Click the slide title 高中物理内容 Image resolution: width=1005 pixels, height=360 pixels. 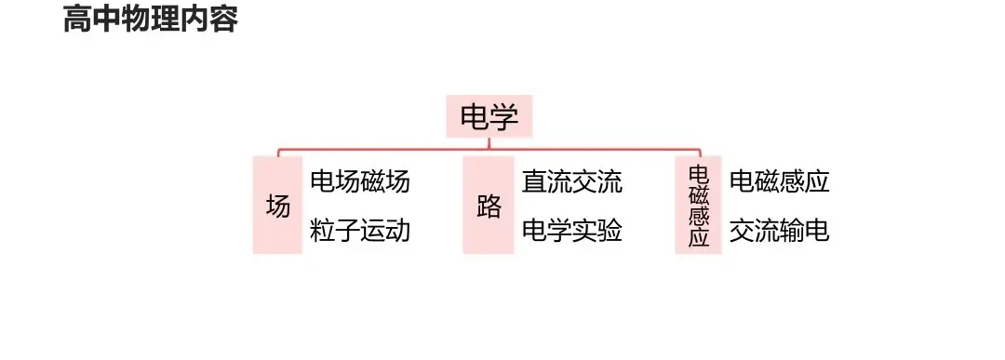(151, 19)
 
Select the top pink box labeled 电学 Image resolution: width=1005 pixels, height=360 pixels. (489, 116)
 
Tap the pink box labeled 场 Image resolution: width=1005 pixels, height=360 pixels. (277, 205)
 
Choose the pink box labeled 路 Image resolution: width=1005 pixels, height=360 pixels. (489, 205)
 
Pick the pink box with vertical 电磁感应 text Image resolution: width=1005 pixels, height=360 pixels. (698, 205)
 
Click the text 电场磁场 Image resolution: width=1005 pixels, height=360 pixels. (359, 181)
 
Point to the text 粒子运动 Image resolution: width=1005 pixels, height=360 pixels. (359, 231)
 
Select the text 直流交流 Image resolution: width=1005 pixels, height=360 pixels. (571, 181)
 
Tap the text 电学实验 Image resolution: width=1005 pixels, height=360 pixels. (571, 231)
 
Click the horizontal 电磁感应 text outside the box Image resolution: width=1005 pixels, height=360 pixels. (780, 181)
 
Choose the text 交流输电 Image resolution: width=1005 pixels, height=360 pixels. (780, 231)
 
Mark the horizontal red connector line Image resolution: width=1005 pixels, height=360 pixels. (489, 149)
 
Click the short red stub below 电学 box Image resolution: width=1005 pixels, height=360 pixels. (489, 143)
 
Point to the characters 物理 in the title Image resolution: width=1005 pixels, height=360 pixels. (151, 19)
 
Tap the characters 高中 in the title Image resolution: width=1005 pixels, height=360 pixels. (92, 19)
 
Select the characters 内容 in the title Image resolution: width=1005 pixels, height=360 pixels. (209, 19)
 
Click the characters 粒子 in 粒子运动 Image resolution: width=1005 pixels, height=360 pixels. (335, 231)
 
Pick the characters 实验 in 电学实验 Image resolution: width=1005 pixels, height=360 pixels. (596, 231)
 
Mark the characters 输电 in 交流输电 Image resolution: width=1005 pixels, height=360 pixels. (804, 231)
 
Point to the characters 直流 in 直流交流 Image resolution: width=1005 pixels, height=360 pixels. (547, 181)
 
